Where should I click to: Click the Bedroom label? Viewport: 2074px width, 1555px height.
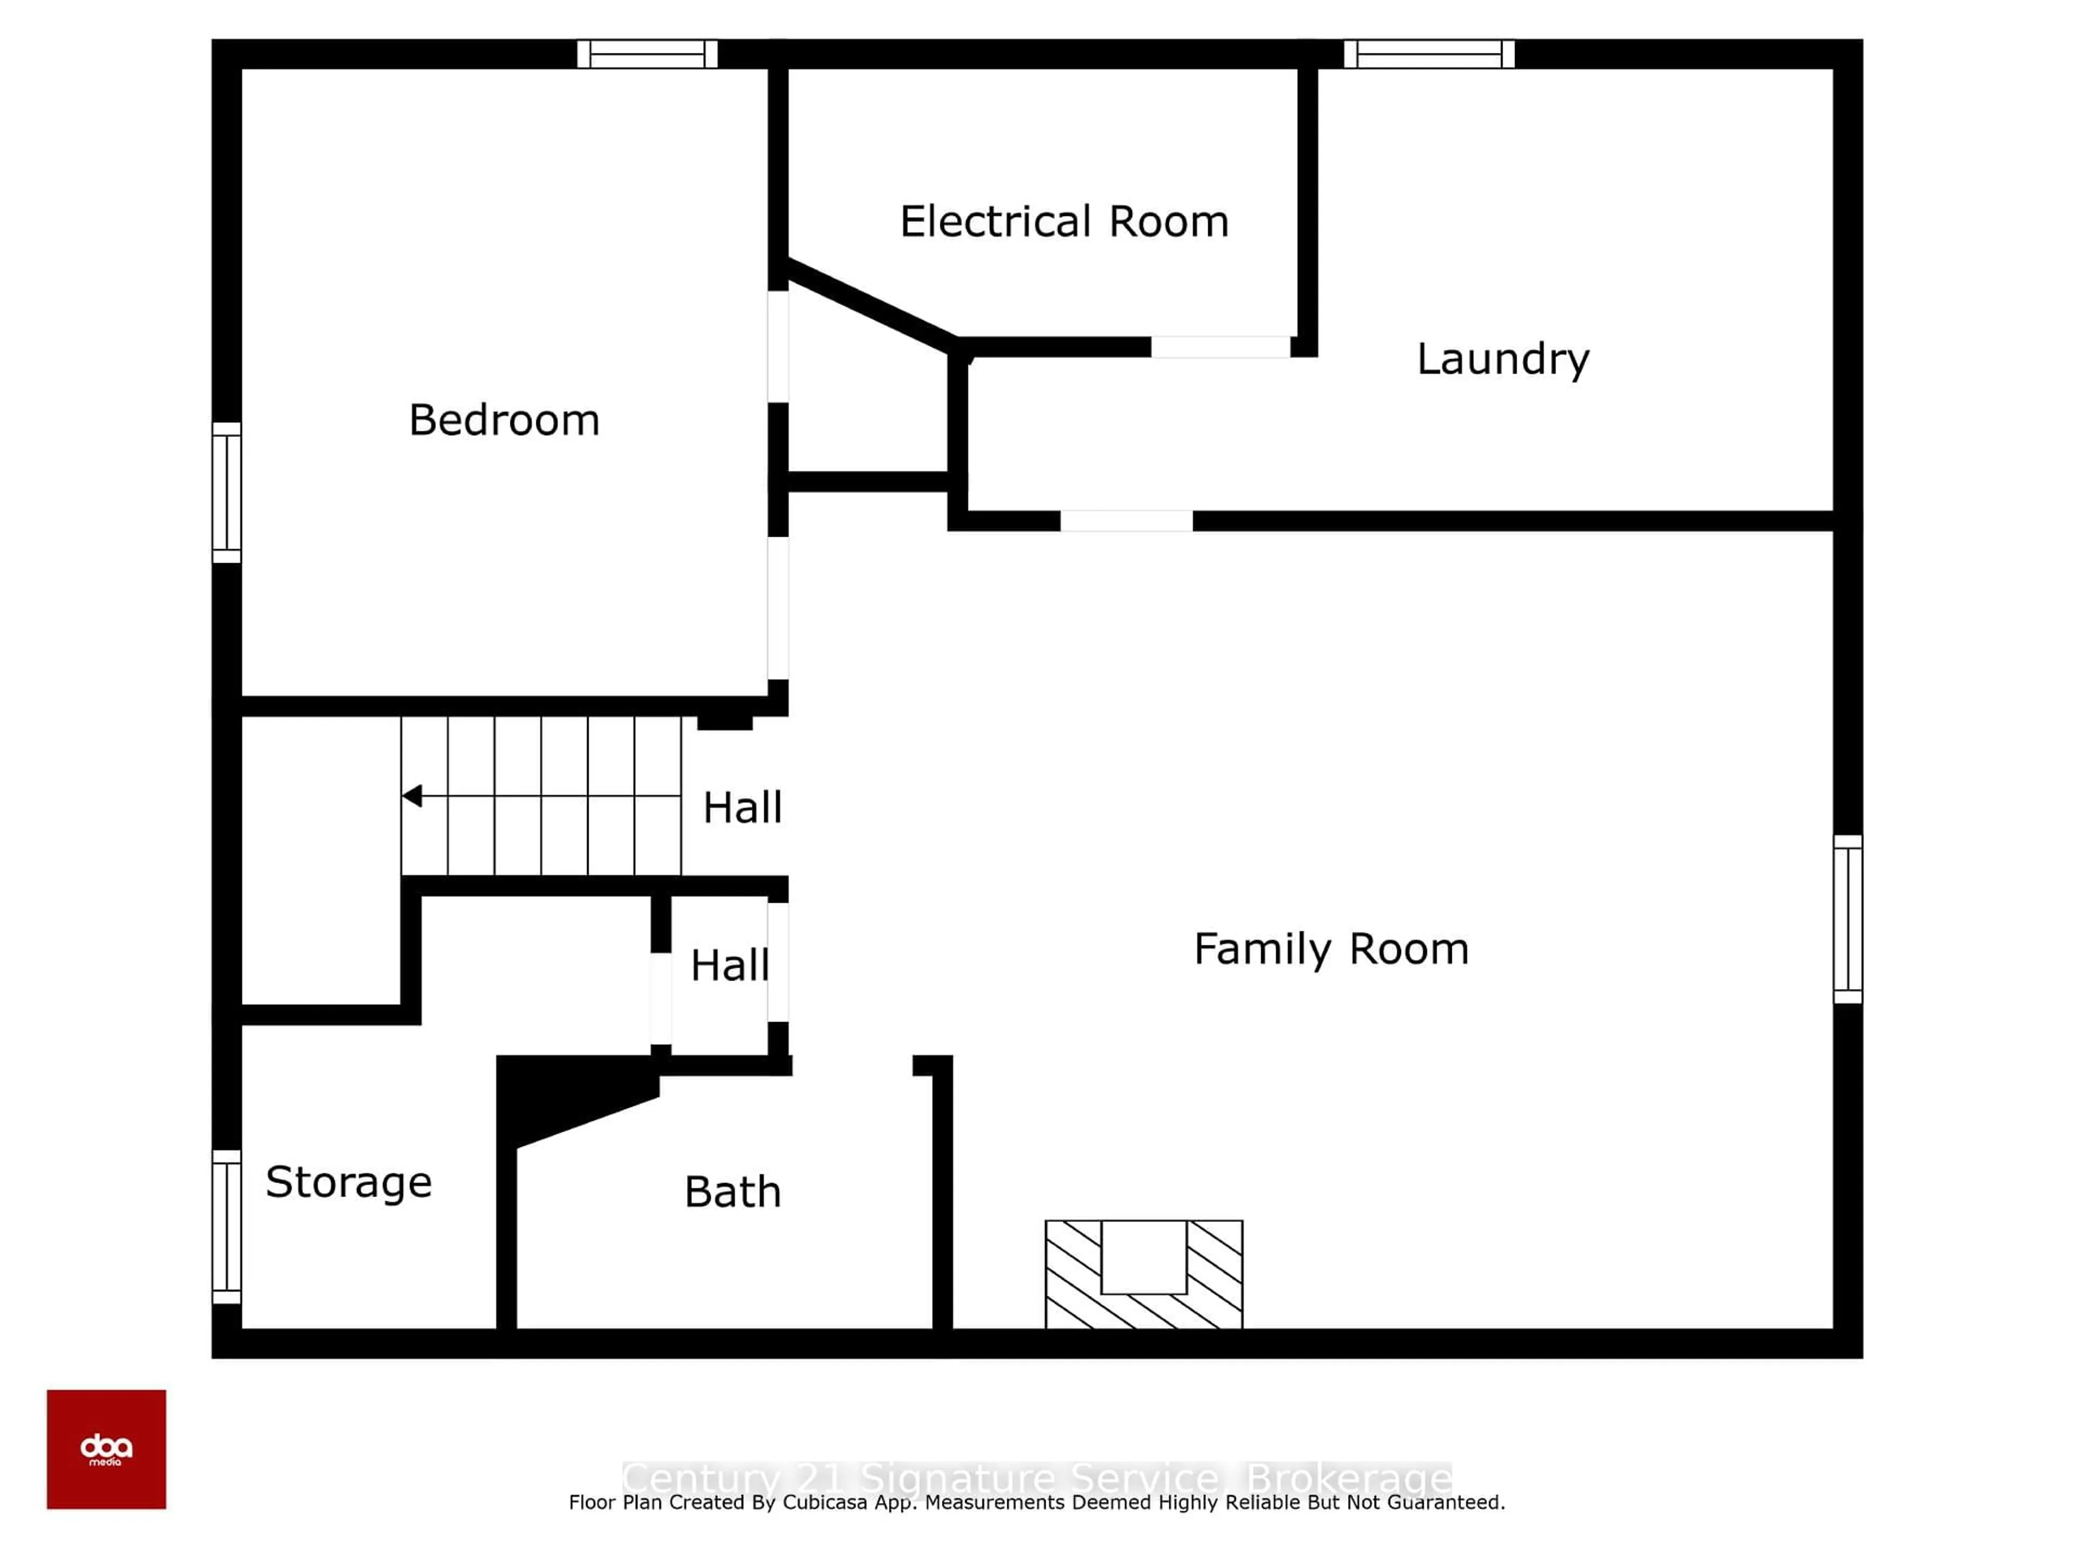[x=504, y=420]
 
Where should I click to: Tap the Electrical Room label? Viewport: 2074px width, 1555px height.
[x=1064, y=222]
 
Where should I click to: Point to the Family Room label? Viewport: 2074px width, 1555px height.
[x=1330, y=950]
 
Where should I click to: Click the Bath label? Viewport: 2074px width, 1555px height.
[x=732, y=1192]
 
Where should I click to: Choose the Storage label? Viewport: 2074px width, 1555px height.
[x=349, y=1182]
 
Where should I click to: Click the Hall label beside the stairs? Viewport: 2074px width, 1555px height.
[x=742, y=808]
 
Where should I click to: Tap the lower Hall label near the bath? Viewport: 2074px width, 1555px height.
[x=730, y=965]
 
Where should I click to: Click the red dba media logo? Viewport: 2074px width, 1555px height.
[x=106, y=1449]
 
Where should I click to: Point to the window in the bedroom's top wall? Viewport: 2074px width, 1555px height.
[x=647, y=53]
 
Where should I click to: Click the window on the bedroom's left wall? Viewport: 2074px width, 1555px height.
[x=226, y=492]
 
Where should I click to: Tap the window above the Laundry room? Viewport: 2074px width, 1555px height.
[x=1429, y=53]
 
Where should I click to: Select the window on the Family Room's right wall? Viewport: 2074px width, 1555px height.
[x=1847, y=918]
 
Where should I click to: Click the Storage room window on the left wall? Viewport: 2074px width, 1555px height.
[x=226, y=1226]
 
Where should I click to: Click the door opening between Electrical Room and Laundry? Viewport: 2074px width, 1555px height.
[x=1220, y=347]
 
